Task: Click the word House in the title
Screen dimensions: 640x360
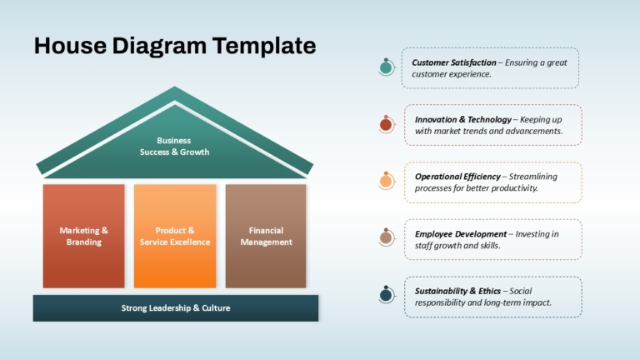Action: click(70, 45)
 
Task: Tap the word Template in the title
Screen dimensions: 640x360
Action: click(264, 46)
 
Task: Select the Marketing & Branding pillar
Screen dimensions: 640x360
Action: click(83, 236)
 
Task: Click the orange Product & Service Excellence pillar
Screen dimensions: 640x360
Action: click(175, 236)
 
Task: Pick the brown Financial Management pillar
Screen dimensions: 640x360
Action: click(266, 236)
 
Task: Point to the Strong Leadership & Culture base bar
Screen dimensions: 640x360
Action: click(176, 308)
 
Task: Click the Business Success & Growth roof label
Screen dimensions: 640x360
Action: click(175, 146)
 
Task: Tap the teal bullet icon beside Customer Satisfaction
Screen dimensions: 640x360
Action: click(387, 67)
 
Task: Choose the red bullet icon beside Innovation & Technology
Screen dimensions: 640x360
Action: click(387, 124)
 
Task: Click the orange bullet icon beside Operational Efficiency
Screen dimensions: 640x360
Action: click(387, 181)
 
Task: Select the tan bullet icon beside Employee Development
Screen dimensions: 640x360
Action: click(387, 237)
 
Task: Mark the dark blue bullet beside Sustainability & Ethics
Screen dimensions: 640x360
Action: click(387, 294)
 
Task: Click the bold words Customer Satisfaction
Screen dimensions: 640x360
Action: click(454, 62)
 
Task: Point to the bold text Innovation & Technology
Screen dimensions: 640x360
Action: click(462, 120)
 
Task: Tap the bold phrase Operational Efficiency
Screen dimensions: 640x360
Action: click(457, 177)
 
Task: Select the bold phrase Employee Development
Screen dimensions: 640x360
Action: click(460, 234)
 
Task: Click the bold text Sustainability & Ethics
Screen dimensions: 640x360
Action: click(457, 291)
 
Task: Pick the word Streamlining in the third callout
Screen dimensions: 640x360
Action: click(533, 177)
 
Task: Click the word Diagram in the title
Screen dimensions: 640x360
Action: click(159, 46)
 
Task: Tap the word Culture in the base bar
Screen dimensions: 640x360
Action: click(216, 308)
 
